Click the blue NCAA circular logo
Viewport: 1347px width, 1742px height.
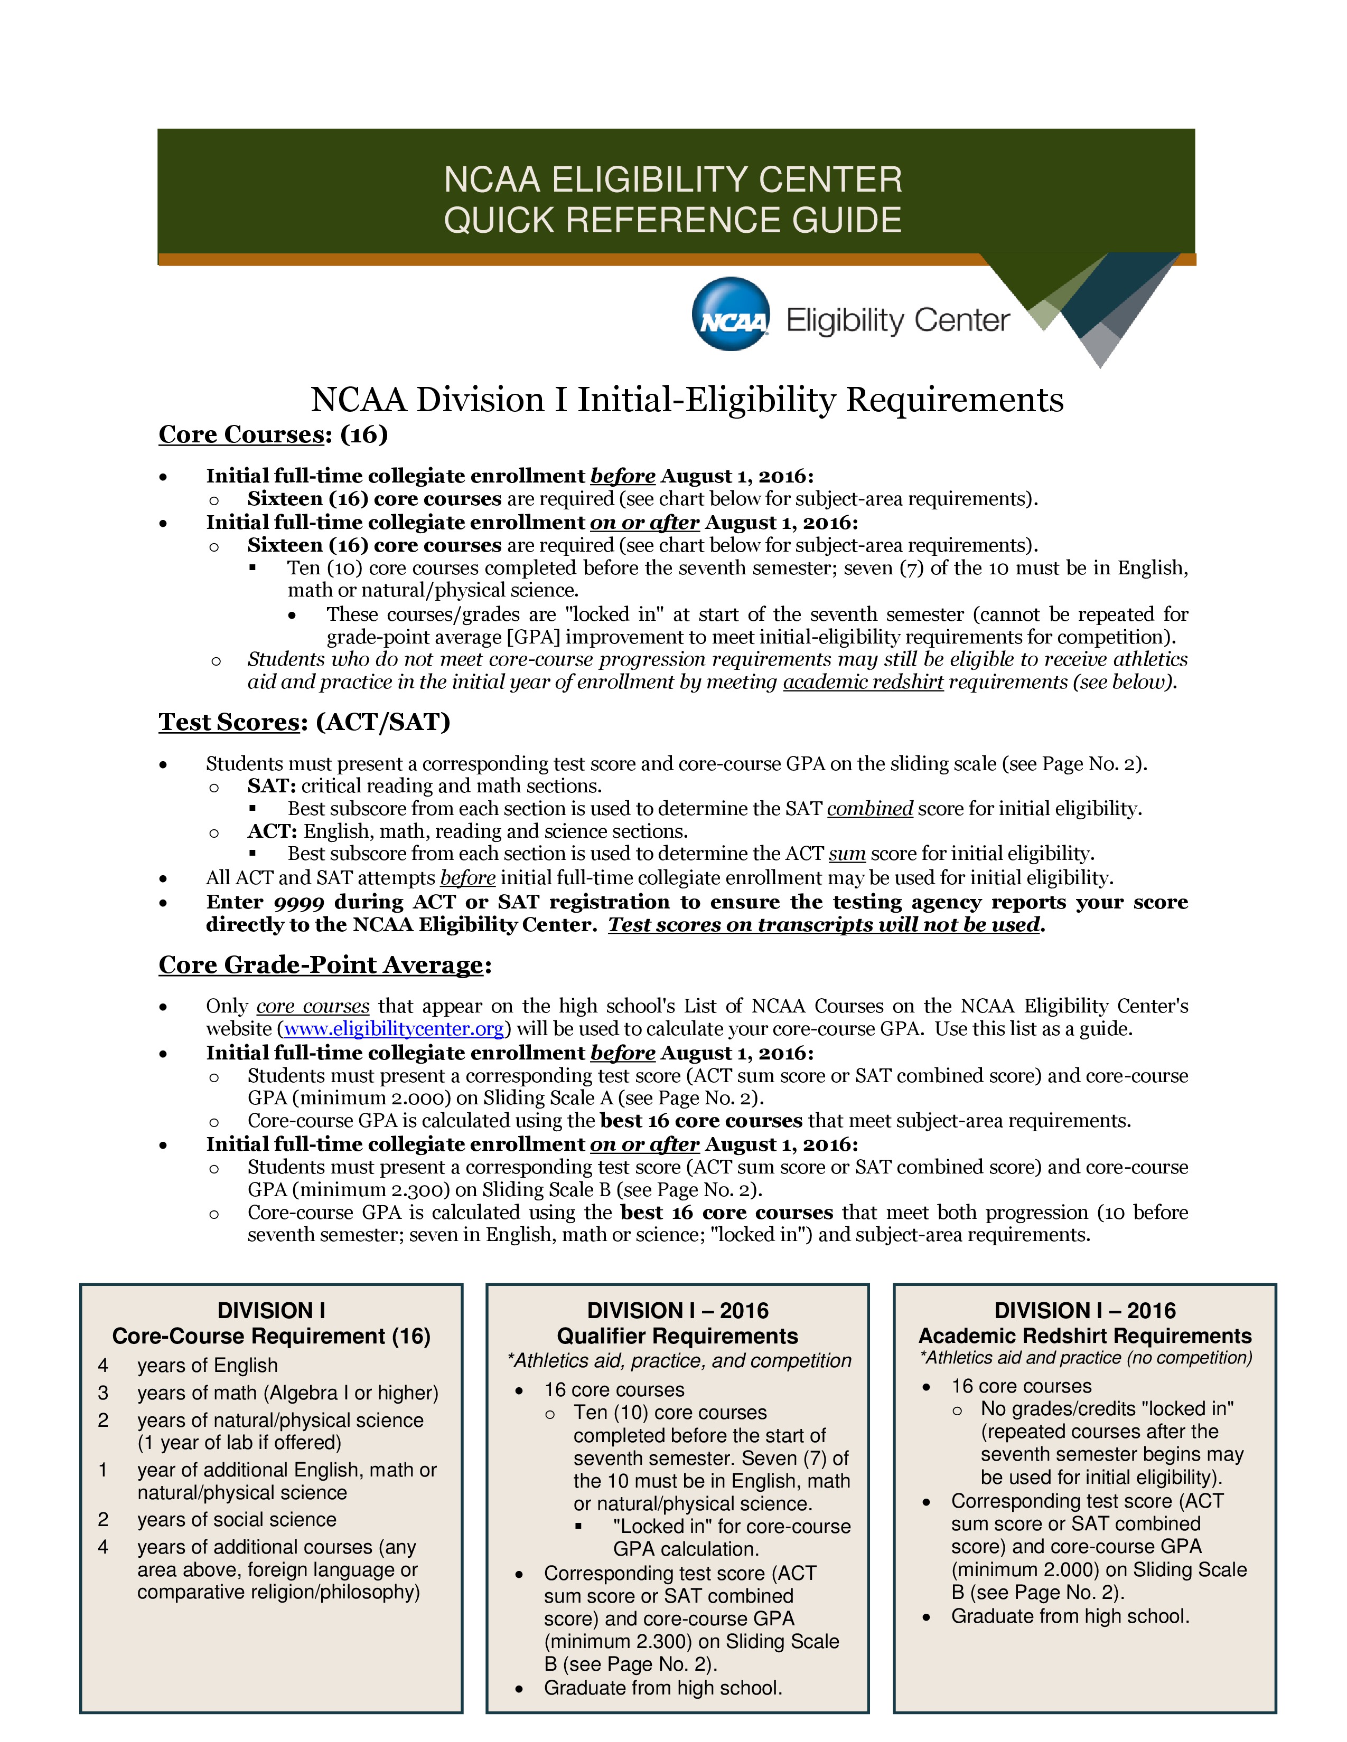pyautogui.click(x=730, y=314)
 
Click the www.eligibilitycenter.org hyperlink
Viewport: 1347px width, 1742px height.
pyautogui.click(x=394, y=1029)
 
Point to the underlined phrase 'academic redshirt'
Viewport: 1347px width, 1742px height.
pyautogui.click(x=863, y=682)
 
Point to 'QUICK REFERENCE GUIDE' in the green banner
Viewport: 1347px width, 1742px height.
pyautogui.click(x=672, y=220)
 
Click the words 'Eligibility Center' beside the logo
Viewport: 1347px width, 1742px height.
pyautogui.click(x=897, y=320)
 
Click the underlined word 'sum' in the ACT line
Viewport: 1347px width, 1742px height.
pyautogui.click(x=847, y=854)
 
